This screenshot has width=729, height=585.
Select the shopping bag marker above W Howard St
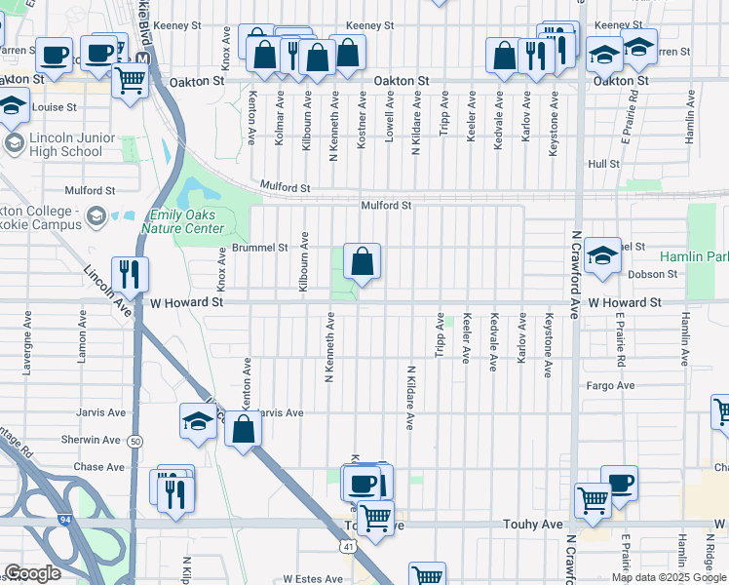362,262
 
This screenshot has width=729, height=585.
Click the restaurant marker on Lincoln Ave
128,275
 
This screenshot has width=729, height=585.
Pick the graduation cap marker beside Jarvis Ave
198,423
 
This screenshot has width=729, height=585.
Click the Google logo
32,572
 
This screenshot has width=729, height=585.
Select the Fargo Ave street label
611,386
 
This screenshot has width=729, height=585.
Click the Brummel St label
259,248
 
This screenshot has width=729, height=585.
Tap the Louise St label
55,107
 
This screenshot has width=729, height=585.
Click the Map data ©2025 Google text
668,577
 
